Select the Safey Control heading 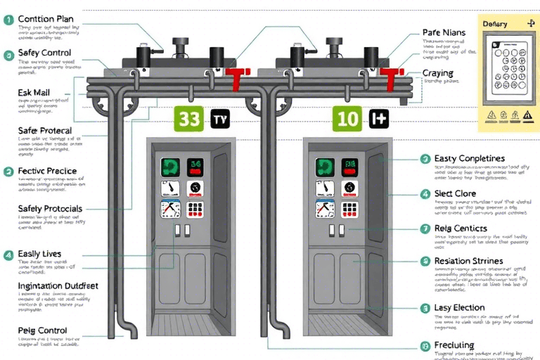44,53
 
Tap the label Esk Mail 32,92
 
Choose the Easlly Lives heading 39,254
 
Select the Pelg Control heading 42,330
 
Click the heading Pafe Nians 444,32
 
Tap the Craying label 437,73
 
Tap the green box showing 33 190,119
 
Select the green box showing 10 348,119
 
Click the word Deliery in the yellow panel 495,24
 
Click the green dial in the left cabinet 169,167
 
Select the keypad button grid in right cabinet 352,209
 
